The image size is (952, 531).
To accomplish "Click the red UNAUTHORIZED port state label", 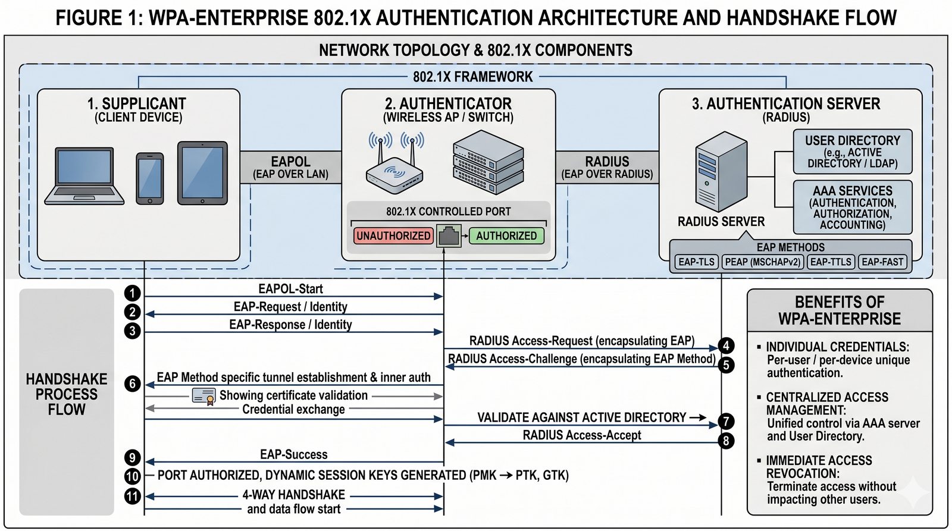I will [393, 235].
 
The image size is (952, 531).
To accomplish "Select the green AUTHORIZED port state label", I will [506, 235].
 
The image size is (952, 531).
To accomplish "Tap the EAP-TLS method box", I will [696, 262].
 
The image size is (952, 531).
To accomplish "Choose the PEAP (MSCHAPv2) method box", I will [763, 262].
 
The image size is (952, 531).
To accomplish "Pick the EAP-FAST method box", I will [882, 262].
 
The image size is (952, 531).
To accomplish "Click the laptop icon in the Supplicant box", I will [84, 175].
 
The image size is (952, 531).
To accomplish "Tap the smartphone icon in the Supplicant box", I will [150, 178].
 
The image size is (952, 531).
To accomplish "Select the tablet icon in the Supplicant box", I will [202, 173].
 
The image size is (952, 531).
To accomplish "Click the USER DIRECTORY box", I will [852, 152].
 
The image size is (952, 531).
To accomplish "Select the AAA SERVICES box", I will [852, 207].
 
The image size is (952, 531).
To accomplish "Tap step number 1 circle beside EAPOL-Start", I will [132, 293].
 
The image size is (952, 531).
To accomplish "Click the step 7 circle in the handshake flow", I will [726, 422].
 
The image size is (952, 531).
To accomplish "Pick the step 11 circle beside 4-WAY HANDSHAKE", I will [132, 496].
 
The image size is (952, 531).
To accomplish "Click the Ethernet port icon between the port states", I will [449, 235].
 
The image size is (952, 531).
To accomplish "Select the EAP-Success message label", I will [294, 454].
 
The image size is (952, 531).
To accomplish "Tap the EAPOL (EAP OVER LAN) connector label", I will [290, 167].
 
